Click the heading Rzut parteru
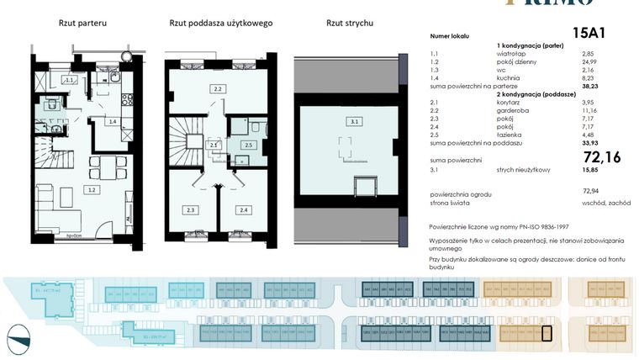pos(82,24)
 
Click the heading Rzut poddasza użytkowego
pos(220,24)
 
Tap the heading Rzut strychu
pos(349,24)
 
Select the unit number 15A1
pos(589,34)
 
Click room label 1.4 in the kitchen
pos(111,122)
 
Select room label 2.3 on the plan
pos(191,209)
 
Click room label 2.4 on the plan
pos(244,209)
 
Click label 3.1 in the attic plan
pos(354,122)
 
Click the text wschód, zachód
pos(605,202)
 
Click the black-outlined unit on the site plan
pos(546,334)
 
